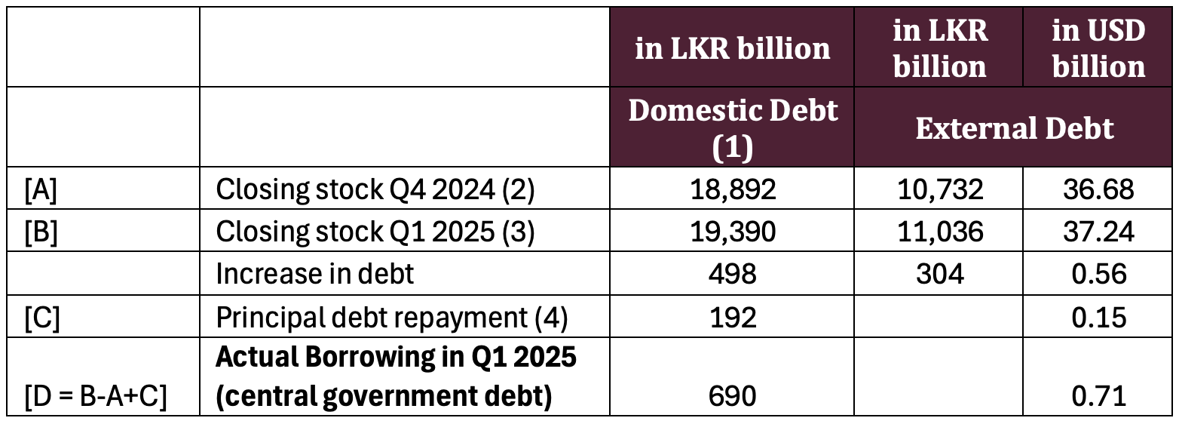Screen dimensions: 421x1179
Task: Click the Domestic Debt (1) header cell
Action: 732,129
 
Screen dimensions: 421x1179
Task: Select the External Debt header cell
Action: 1014,128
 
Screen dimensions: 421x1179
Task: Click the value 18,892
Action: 733,189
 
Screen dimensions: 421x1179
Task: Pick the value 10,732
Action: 939,189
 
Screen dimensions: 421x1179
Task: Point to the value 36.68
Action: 1098,189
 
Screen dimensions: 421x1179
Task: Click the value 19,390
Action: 733,232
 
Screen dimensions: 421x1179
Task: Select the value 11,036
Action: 939,232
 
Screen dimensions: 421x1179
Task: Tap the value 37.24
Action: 1098,232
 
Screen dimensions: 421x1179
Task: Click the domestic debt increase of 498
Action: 733,274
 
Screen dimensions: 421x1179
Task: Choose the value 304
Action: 939,274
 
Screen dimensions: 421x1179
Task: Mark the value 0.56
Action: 1098,274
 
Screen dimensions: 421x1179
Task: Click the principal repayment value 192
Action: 733,318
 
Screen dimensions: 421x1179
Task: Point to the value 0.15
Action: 1098,318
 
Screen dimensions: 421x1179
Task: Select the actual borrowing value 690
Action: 733,396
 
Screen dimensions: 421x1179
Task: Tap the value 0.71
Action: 1098,396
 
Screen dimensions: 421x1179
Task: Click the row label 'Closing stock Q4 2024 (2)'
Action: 375,189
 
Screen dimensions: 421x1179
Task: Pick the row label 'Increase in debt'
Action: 314,274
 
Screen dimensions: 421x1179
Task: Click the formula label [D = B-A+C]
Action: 95,397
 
